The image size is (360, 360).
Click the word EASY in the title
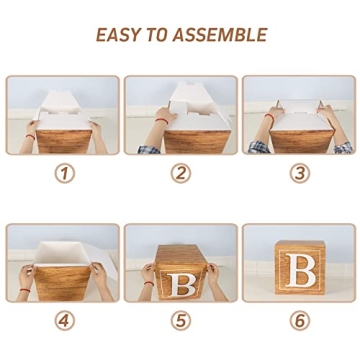point(115,35)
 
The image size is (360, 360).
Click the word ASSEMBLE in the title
point(220,35)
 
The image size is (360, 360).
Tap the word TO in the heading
point(153,35)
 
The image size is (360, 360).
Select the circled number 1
point(65,173)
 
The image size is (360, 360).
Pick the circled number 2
point(181,173)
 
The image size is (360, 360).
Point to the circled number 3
point(300,173)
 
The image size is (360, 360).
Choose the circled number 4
point(65,321)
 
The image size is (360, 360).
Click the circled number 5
point(181,321)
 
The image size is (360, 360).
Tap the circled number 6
point(300,321)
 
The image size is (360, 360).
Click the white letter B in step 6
point(300,270)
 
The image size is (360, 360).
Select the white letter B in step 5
point(181,285)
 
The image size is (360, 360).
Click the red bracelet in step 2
point(162,121)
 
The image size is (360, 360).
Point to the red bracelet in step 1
point(30,136)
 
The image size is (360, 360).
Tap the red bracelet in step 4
point(25,290)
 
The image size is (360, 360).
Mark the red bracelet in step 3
point(270,117)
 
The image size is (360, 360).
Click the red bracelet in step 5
point(149,283)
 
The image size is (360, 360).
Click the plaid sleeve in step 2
point(149,149)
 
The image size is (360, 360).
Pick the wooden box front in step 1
point(64,142)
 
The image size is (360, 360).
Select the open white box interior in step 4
point(62,254)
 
